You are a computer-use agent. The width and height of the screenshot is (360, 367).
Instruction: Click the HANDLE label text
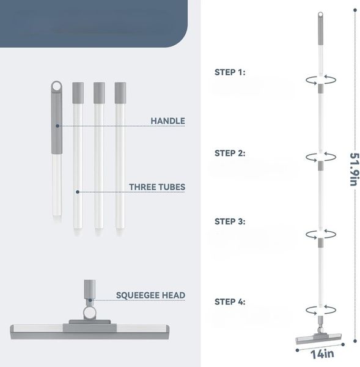tap(167, 120)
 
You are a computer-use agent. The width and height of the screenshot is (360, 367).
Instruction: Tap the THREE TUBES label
tap(157, 187)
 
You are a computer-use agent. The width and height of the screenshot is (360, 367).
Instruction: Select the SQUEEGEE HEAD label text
tap(150, 295)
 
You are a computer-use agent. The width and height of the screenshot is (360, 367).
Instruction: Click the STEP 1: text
tap(230, 72)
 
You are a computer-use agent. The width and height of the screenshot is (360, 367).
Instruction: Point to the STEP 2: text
tap(230, 153)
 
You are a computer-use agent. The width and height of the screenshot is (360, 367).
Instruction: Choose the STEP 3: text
tap(230, 221)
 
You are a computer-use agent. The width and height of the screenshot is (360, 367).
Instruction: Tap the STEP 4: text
tap(230, 302)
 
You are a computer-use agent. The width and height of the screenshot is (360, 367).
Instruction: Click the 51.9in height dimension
tap(354, 169)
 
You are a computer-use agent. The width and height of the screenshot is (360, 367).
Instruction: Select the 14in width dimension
tap(322, 354)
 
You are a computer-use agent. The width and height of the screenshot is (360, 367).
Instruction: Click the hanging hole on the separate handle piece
tap(56, 87)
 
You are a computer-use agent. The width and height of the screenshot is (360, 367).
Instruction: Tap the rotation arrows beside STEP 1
tap(321, 80)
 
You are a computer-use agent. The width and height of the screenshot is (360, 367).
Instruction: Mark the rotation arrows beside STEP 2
tap(321, 157)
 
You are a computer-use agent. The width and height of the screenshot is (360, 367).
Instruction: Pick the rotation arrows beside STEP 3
tap(321, 234)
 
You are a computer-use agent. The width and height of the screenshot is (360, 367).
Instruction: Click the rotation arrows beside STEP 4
tap(321, 310)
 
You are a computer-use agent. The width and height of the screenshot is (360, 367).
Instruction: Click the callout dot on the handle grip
tap(57, 126)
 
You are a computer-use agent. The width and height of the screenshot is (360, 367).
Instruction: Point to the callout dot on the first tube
tap(78, 192)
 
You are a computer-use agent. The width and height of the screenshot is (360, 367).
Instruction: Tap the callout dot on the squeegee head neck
tap(90, 300)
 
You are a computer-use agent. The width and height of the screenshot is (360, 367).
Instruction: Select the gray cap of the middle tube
tap(99, 93)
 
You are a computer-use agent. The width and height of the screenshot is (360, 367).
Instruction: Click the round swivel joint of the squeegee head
tap(89, 313)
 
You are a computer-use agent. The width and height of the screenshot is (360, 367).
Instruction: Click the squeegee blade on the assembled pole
tap(318, 339)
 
